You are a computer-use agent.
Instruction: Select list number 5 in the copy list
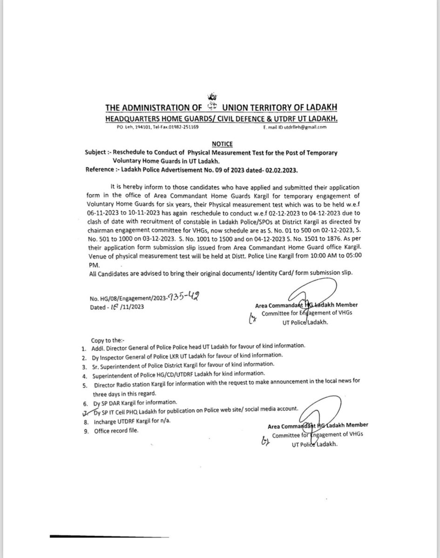pyautogui.click(x=84, y=380)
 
